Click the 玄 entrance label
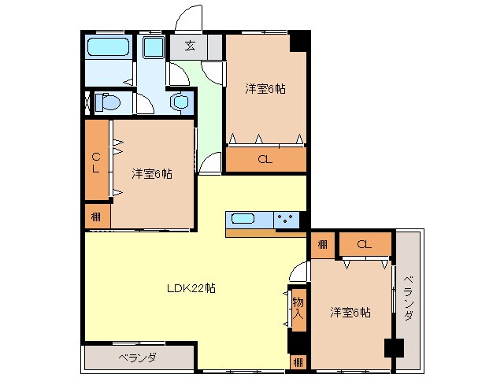tap(191, 46)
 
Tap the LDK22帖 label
tap(191, 288)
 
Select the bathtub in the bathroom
tap(108, 46)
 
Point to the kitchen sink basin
tap(243, 218)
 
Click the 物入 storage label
tap(298, 309)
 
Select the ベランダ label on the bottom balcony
tap(138, 357)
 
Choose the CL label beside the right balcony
tap(364, 245)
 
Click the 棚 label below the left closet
tap(95, 216)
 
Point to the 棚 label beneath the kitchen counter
tap(322, 245)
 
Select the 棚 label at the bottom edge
tap(297, 362)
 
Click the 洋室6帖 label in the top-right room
tap(265, 89)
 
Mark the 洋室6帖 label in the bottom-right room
tap(350, 313)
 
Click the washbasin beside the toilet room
tap(181, 102)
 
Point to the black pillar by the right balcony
tap(391, 347)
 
